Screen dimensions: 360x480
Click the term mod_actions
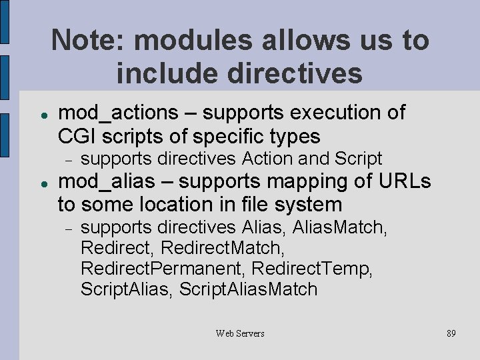pyautogui.click(x=119, y=113)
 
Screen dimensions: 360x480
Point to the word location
pyautogui.click(x=175, y=204)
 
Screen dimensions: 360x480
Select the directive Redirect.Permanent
pyautogui.click(x=160, y=269)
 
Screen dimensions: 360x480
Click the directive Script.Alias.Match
pyautogui.click(x=249, y=289)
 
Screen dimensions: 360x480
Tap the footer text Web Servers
pyautogui.click(x=240, y=333)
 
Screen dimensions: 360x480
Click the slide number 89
pyautogui.click(x=451, y=333)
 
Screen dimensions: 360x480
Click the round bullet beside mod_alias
pyautogui.click(x=42, y=183)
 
